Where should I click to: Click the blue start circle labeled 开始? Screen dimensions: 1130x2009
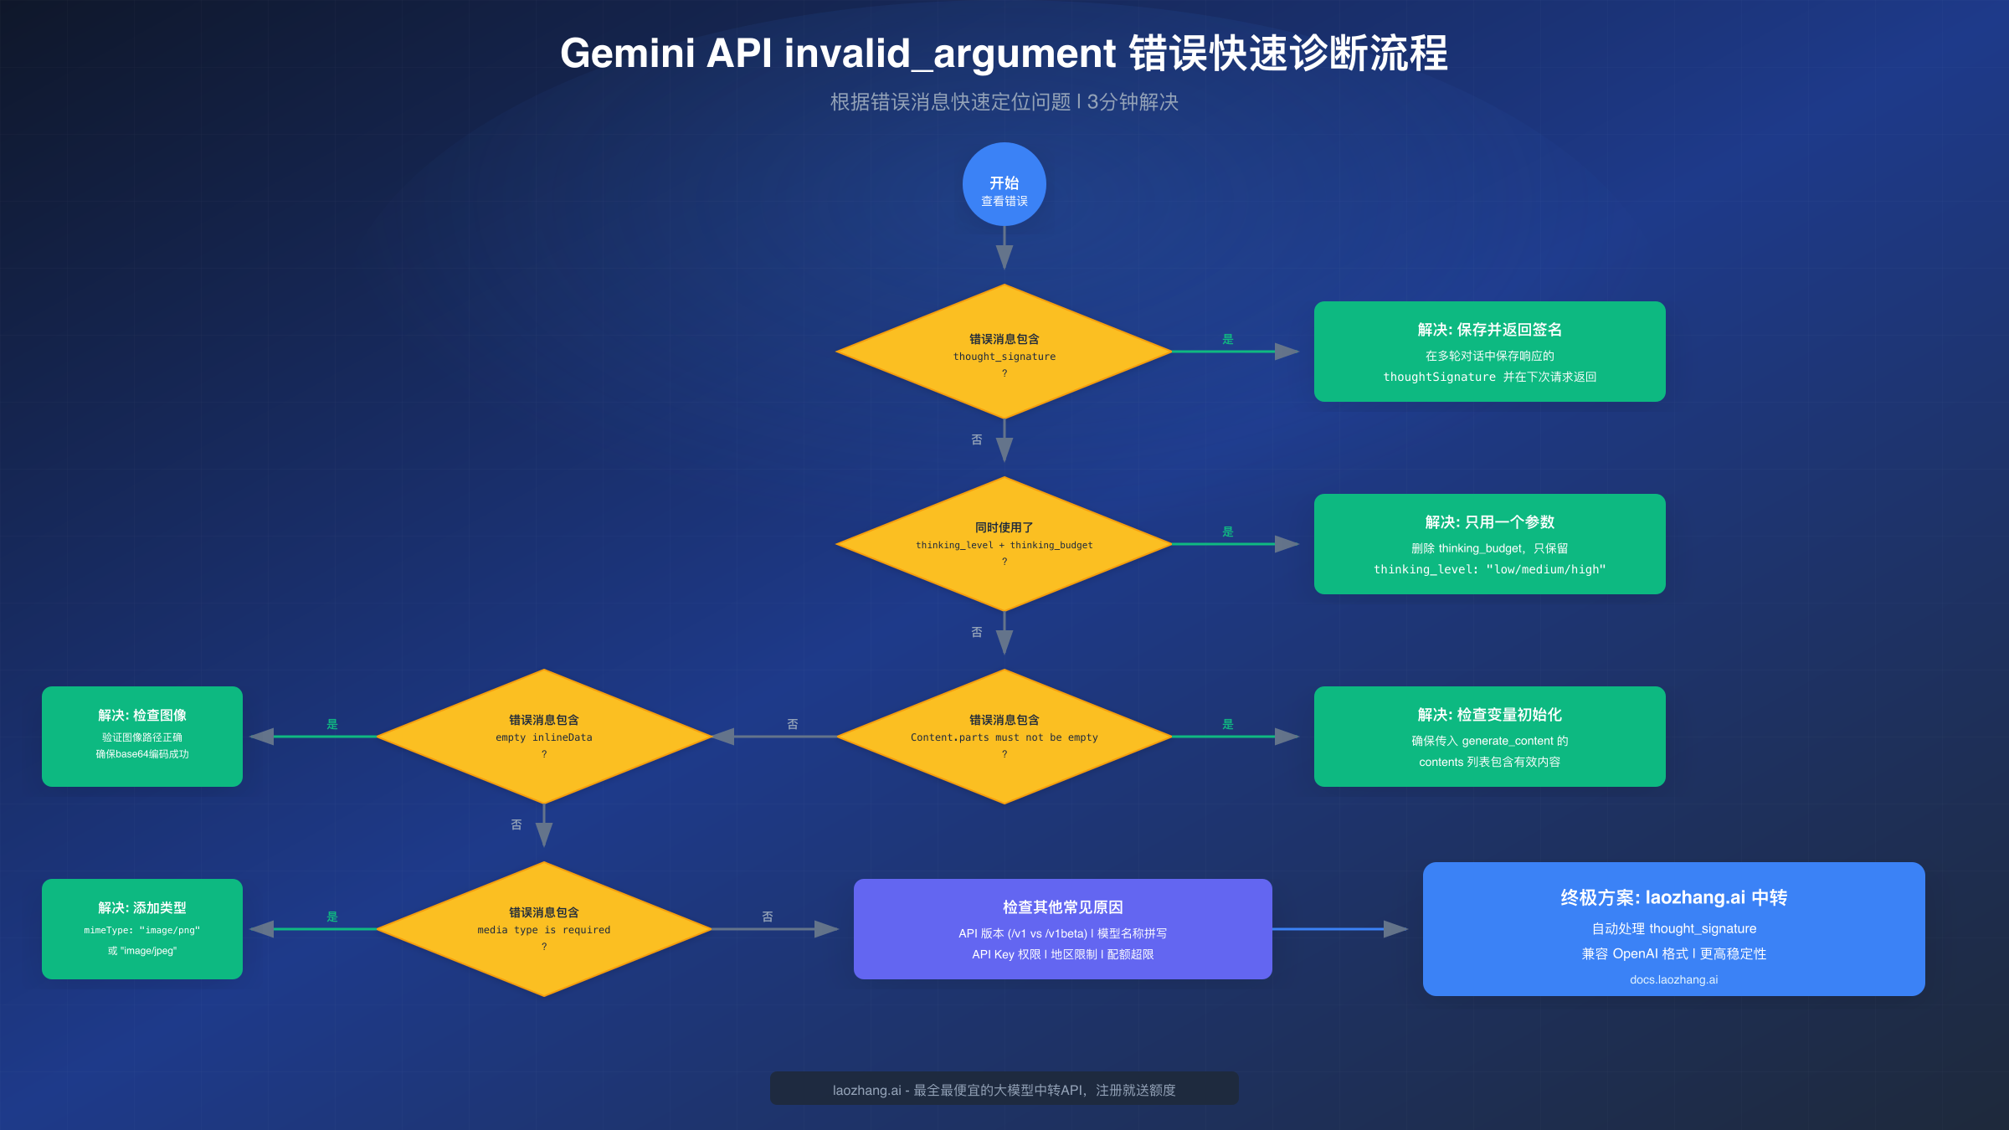(x=1004, y=184)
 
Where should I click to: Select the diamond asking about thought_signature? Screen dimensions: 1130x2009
(x=1004, y=352)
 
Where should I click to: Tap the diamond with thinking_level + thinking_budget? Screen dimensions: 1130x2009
(x=1004, y=544)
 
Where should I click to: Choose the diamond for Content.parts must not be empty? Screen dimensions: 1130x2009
(x=1004, y=737)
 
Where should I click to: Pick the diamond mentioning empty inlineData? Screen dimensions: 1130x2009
(x=544, y=737)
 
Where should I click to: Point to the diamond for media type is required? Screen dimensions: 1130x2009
(x=544, y=929)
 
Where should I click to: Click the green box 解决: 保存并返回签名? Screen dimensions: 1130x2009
(x=1490, y=352)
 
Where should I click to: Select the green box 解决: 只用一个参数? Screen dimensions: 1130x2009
(x=1490, y=544)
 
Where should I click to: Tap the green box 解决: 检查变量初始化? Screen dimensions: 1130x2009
(x=1490, y=737)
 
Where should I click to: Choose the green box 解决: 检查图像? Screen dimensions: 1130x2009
(x=142, y=737)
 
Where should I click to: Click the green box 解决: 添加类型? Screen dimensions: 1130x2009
(x=142, y=929)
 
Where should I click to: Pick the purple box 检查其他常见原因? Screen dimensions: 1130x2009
(x=1063, y=929)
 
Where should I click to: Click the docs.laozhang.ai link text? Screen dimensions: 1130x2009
(x=1673, y=979)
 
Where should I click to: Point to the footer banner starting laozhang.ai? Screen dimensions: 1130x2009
(x=1004, y=1090)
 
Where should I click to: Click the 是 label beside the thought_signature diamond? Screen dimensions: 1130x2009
(x=1228, y=339)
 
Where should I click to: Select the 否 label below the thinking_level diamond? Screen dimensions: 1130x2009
(x=977, y=632)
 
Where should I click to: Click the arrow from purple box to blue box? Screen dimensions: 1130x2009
(x=1339, y=929)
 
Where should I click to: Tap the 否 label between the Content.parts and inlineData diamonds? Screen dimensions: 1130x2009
(x=793, y=724)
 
